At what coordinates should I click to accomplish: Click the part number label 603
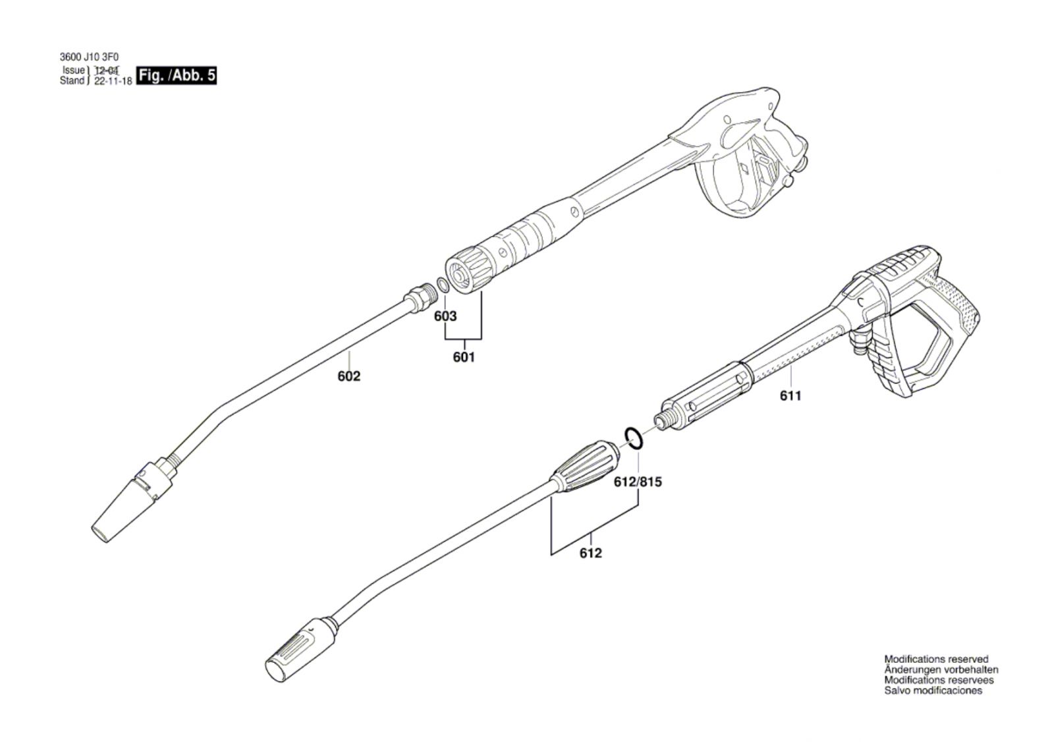pyautogui.click(x=445, y=316)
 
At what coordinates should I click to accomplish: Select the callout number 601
pyautogui.click(x=464, y=357)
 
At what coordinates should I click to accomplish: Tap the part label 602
pyautogui.click(x=349, y=376)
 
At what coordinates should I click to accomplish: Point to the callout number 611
pyautogui.click(x=790, y=396)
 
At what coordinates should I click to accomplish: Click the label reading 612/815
pyautogui.click(x=638, y=482)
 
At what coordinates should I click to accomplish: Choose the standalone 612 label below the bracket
pyautogui.click(x=590, y=553)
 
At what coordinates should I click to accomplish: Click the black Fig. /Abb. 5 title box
pyautogui.click(x=177, y=76)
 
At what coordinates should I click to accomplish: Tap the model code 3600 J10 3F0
pyautogui.click(x=90, y=57)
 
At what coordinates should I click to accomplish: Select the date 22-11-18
pyautogui.click(x=113, y=81)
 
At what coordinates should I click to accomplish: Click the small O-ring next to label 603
pyautogui.click(x=442, y=285)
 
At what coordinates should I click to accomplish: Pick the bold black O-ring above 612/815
pyautogui.click(x=634, y=438)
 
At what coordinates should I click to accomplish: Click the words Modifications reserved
pyautogui.click(x=936, y=659)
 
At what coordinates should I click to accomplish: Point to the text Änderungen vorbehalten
pyautogui.click(x=941, y=670)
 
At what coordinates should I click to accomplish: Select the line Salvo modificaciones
pyautogui.click(x=933, y=691)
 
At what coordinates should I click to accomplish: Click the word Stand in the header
pyautogui.click(x=72, y=81)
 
